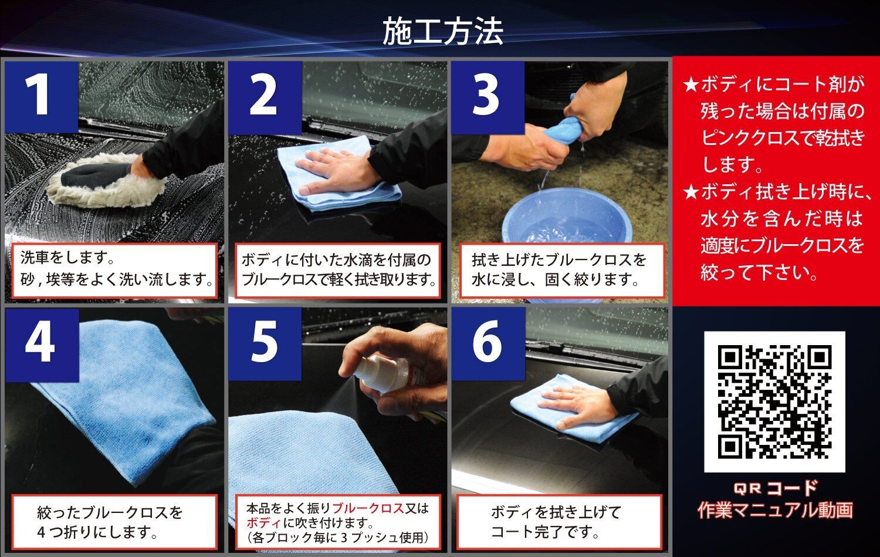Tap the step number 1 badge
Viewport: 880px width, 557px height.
coord(41,97)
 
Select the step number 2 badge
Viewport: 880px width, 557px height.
coord(265,97)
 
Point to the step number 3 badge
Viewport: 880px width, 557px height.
coord(488,97)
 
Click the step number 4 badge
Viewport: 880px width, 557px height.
coord(42,345)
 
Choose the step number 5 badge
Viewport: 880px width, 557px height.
coord(265,345)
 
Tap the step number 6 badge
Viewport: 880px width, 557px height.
coord(488,345)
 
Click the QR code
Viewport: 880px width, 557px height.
coord(774,401)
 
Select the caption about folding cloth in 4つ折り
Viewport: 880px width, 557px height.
coord(110,522)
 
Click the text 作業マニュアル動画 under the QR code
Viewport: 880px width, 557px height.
coord(775,511)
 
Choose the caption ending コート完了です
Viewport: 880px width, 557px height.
coord(556,522)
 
